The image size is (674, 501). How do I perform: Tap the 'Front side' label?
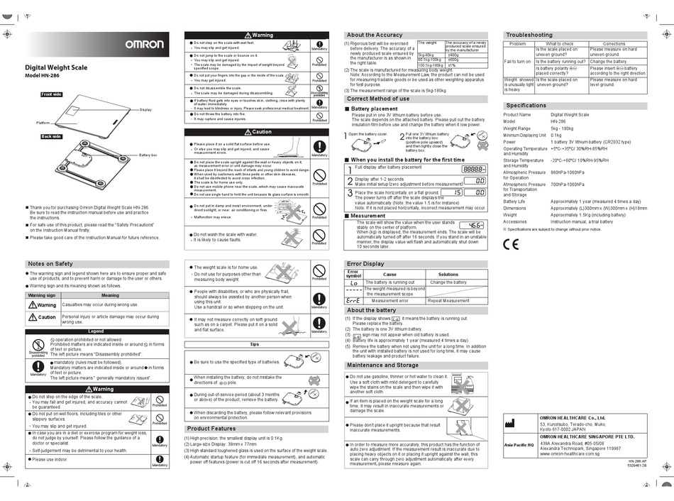[x=52, y=94]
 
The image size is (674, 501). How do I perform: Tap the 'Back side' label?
[x=51, y=136]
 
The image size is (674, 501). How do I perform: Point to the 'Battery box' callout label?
[x=148, y=154]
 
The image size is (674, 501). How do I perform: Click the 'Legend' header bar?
[x=95, y=331]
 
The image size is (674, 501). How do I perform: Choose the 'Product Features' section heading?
[x=211, y=429]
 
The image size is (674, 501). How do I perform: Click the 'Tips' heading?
[x=255, y=344]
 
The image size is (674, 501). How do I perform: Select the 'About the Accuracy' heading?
[x=375, y=35]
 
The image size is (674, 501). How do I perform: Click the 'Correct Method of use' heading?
[x=378, y=99]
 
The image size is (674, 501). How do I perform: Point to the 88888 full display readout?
[x=473, y=170]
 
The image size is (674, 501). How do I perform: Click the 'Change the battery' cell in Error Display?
[x=448, y=282]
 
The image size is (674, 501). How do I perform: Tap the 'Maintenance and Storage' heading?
[x=382, y=365]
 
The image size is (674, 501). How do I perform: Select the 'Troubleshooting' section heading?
[x=529, y=35]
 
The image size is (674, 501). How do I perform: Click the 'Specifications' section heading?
[x=526, y=105]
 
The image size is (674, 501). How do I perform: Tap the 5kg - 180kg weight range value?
[x=564, y=128]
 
